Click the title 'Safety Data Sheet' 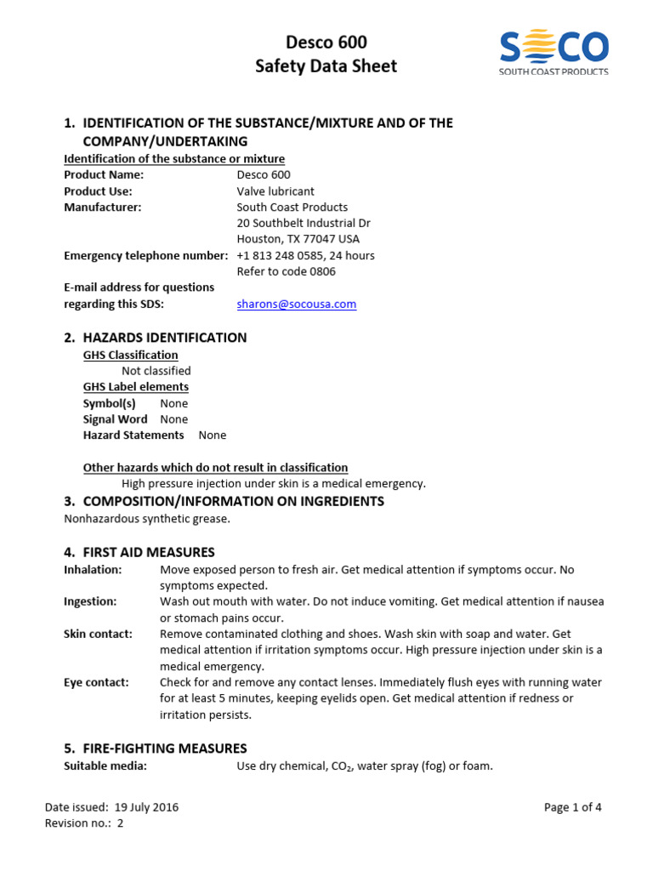(x=326, y=66)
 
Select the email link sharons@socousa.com (x=296, y=304)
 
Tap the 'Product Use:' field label (x=98, y=191)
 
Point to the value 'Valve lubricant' (x=275, y=191)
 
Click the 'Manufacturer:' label (x=103, y=207)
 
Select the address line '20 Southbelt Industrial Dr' (x=303, y=223)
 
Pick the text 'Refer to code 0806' (x=286, y=271)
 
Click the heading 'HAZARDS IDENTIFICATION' (x=164, y=338)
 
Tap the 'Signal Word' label (x=115, y=419)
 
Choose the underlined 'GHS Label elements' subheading (x=136, y=387)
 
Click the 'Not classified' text (x=156, y=371)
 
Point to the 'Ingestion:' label (x=90, y=601)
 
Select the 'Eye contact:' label (x=96, y=682)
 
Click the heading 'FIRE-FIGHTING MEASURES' (x=164, y=749)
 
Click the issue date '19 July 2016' (x=145, y=807)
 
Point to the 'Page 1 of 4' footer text (x=572, y=807)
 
